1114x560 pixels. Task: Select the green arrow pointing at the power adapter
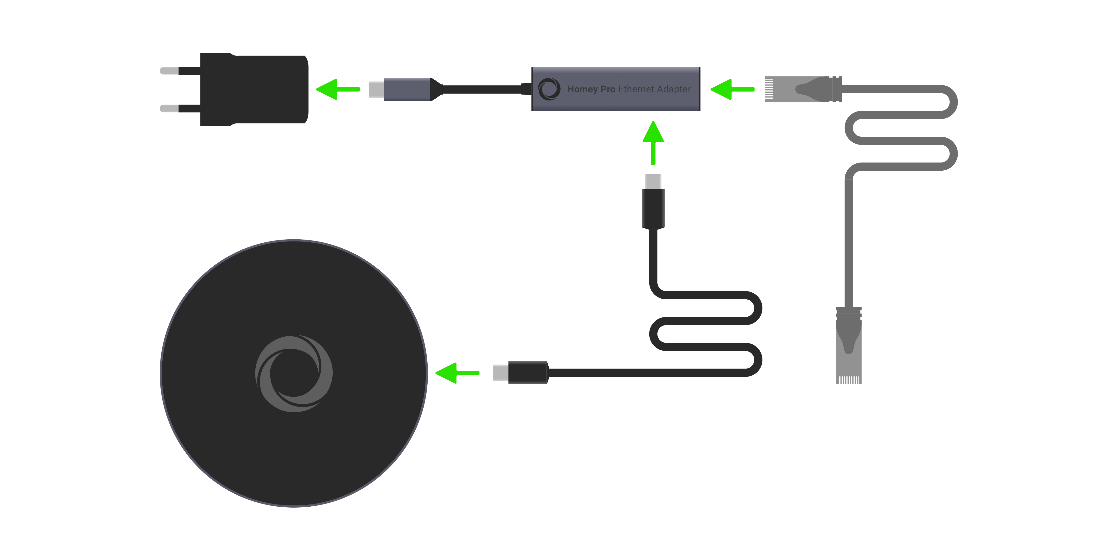[338, 90]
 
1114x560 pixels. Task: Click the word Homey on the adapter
[582, 89]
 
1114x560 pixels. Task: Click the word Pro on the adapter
[608, 89]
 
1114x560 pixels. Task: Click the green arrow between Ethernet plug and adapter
[732, 90]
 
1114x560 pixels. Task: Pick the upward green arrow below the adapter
[653, 143]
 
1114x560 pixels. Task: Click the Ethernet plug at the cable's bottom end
[849, 345]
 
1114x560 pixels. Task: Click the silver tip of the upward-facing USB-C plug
[653, 181]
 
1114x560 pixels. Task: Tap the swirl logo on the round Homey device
[294, 374]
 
